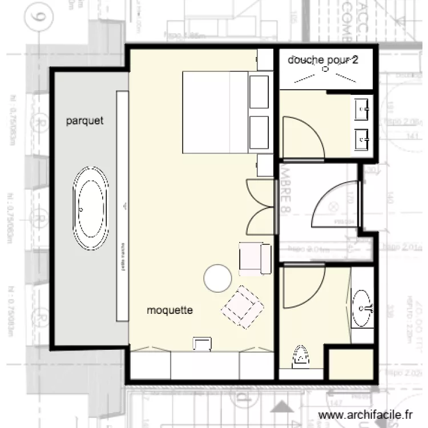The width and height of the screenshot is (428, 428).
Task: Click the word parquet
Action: coord(84,121)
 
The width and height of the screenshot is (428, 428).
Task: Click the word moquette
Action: coord(170,311)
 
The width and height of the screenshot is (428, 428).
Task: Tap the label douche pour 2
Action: coord(324,59)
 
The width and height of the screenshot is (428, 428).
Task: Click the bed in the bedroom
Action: coord(215,112)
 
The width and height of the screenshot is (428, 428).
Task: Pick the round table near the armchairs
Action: coord(217,278)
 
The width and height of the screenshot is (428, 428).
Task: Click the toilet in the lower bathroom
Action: coord(301,357)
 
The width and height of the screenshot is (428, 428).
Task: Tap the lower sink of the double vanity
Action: coord(362,138)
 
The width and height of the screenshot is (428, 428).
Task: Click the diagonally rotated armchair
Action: coord(243,308)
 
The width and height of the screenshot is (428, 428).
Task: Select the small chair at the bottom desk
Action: coord(201,343)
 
